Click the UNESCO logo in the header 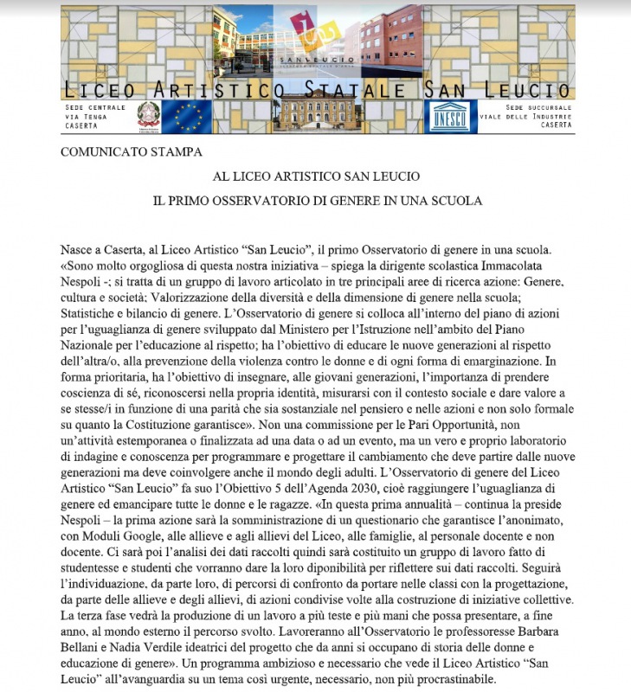pyautogui.click(x=449, y=116)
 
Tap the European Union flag pyautogui.click(x=187, y=117)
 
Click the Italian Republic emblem pyautogui.click(x=149, y=117)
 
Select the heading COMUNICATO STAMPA pyautogui.click(x=131, y=152)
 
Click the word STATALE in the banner pyautogui.click(x=358, y=90)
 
